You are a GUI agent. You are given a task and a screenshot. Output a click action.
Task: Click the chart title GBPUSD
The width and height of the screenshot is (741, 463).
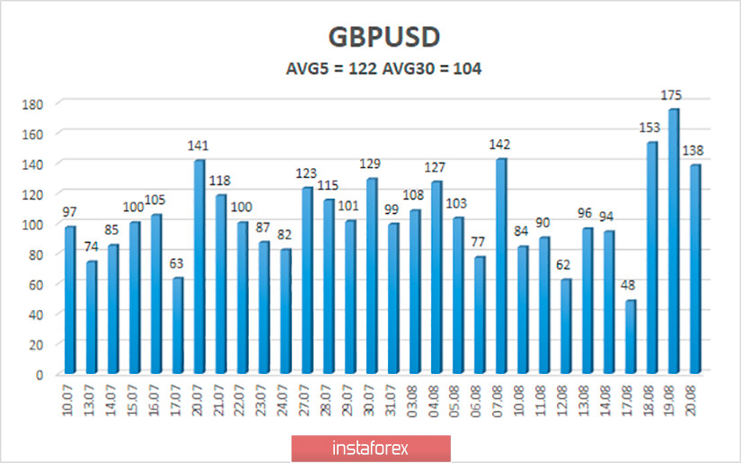pyautogui.click(x=370, y=39)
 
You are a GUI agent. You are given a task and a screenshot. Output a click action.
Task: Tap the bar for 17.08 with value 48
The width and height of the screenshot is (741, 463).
pyautogui.click(x=631, y=336)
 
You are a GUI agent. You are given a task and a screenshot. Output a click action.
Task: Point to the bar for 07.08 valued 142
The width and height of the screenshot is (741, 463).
pyautogui.click(x=501, y=266)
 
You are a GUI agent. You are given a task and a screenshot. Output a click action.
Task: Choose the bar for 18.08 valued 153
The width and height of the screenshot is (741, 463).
pyautogui.click(x=652, y=257)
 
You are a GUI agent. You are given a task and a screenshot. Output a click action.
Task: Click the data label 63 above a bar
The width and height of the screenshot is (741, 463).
pyautogui.click(x=177, y=264)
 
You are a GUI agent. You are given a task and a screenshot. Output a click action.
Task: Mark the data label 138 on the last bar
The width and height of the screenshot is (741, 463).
pyautogui.click(x=696, y=151)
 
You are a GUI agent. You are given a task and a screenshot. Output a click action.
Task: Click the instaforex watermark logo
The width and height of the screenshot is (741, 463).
pyautogui.click(x=370, y=447)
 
